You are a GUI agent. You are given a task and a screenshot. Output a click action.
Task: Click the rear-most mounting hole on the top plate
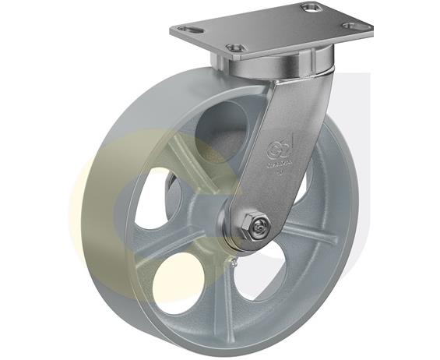(312, 8)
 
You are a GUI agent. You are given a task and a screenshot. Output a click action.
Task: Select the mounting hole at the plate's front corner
(236, 48)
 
